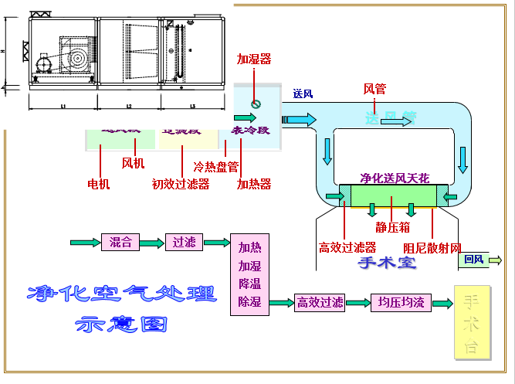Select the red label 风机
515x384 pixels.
(x=134, y=163)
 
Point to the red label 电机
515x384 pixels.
(x=99, y=184)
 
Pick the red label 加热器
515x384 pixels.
(x=254, y=184)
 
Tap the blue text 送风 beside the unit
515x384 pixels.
(x=303, y=93)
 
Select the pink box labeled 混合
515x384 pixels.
(x=120, y=243)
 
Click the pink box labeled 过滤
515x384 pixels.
(x=185, y=243)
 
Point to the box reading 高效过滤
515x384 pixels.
(x=320, y=303)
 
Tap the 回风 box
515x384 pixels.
(x=474, y=260)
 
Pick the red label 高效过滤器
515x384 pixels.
(x=347, y=248)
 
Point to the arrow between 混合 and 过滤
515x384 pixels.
(x=153, y=243)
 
